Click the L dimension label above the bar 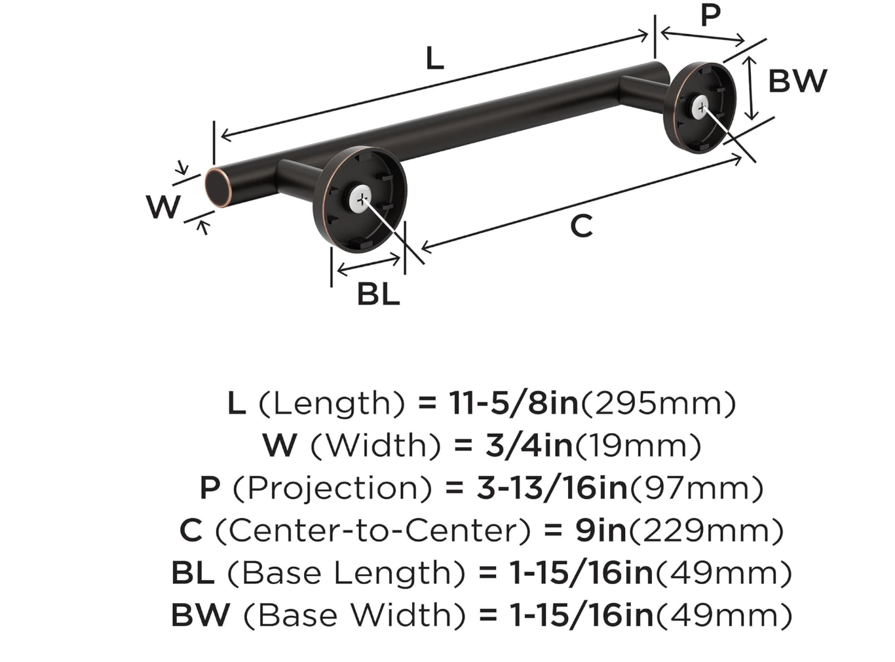[x=434, y=58]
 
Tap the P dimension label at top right [x=710, y=15]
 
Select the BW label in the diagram [x=797, y=81]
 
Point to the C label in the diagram [x=581, y=227]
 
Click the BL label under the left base [x=378, y=294]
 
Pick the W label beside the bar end [x=162, y=207]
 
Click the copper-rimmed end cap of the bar [x=217, y=187]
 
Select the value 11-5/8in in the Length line [x=514, y=403]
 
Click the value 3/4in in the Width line [x=529, y=446]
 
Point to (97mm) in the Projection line [x=696, y=488]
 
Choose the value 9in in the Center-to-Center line [x=601, y=530]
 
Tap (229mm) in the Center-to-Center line [x=706, y=530]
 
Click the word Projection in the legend [x=332, y=488]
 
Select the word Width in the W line [x=375, y=446]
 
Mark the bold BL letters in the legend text [x=193, y=573]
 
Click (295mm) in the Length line [x=658, y=403]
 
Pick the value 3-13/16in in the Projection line [x=552, y=488]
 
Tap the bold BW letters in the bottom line [x=200, y=615]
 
